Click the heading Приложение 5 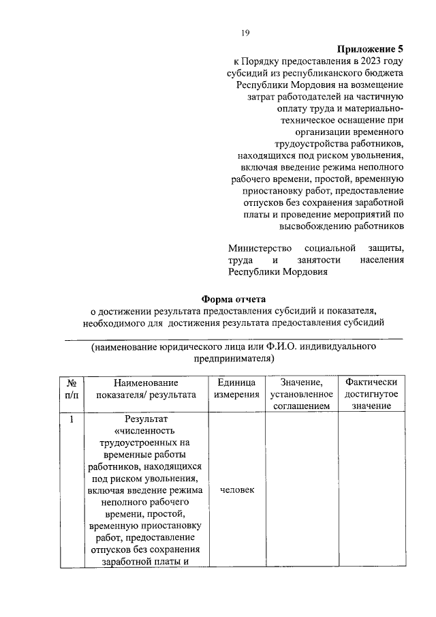371,50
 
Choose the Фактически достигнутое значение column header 371,394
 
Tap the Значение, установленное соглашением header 301,394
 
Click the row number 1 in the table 71,419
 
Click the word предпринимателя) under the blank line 234,358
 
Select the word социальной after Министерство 329,247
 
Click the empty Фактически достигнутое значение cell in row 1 371,491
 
